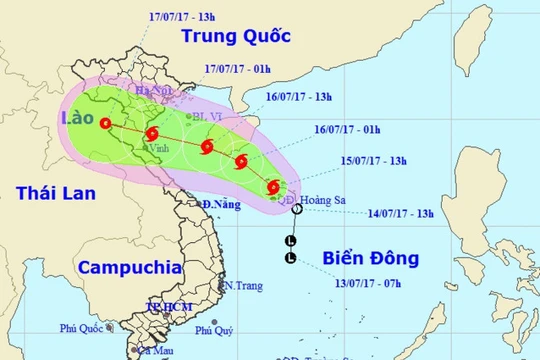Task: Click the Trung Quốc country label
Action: (x=235, y=37)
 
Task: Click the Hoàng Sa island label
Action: (x=333, y=199)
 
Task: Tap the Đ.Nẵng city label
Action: (x=217, y=205)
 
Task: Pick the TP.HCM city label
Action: (x=166, y=306)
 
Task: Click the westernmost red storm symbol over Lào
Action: (x=107, y=123)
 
